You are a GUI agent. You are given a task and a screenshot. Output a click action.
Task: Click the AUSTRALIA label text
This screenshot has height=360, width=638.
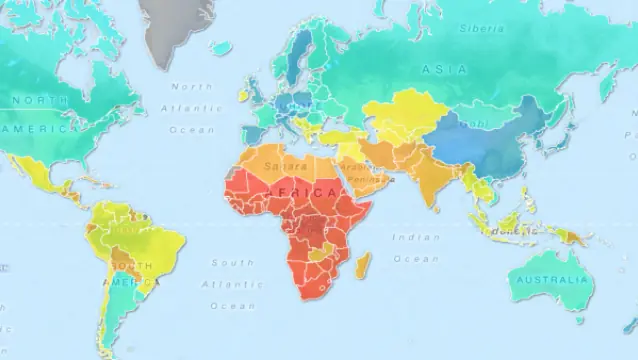[550, 281]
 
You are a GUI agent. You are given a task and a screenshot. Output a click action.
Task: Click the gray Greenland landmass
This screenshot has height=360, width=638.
[179, 25]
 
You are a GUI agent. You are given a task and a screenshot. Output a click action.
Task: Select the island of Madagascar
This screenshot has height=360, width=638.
[363, 265]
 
